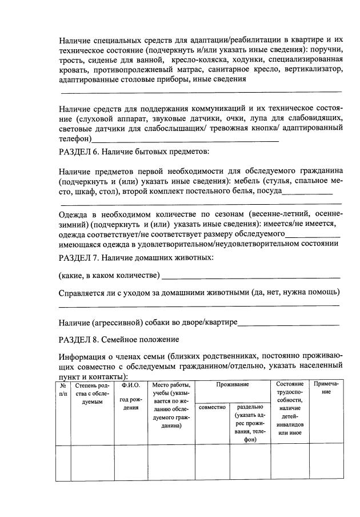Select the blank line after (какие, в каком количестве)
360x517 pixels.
point(251,278)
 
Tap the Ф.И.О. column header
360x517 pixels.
point(131,384)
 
